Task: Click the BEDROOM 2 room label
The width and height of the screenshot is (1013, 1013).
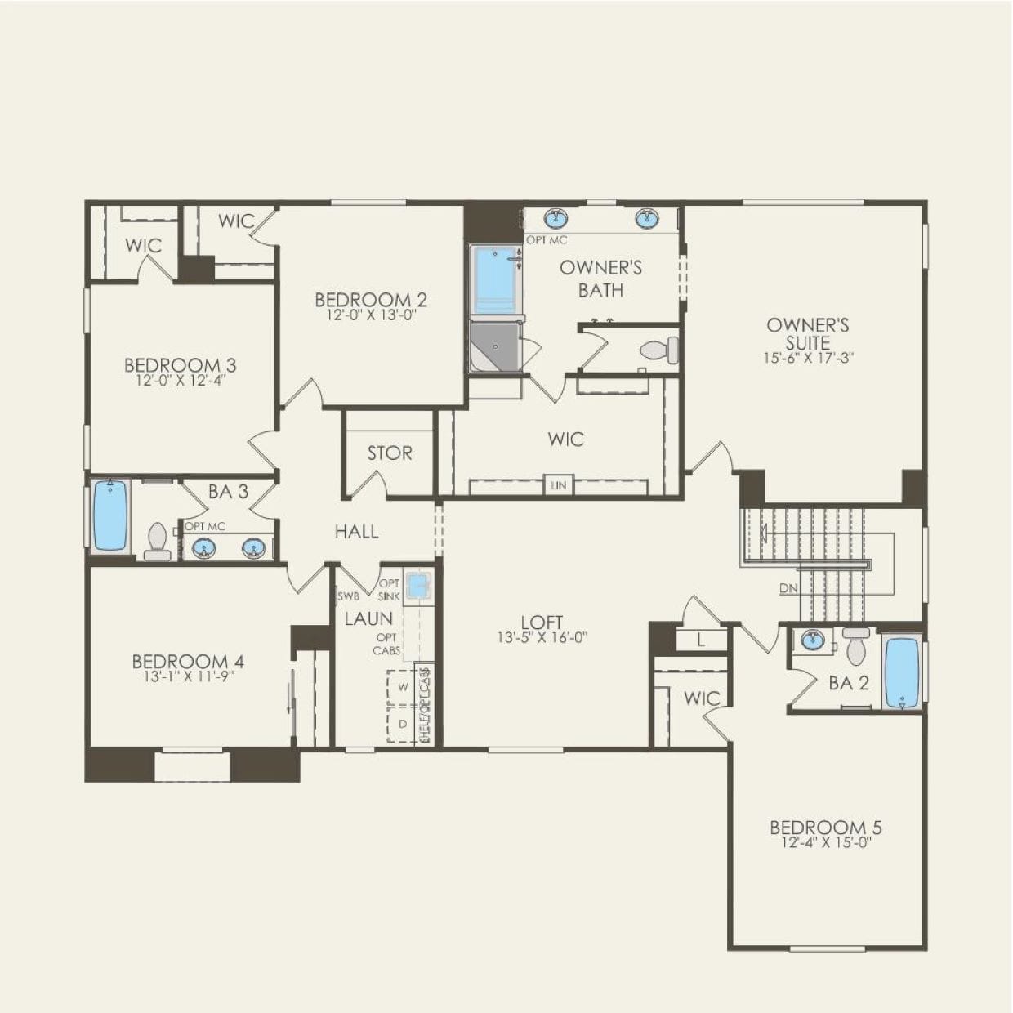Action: pos(371,300)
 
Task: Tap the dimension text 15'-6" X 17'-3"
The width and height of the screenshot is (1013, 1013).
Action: pos(808,358)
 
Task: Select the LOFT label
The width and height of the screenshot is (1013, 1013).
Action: pos(542,623)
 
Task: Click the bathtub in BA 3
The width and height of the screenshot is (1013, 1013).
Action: pos(109,515)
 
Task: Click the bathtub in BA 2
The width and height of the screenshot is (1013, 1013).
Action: pos(902,672)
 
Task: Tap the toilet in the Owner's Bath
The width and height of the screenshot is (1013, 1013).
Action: pos(659,350)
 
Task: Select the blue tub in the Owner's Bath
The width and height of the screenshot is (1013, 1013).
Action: pos(494,278)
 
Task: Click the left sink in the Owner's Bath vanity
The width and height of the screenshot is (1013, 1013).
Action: pos(558,218)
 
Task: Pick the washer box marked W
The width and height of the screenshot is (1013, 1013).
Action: pos(403,687)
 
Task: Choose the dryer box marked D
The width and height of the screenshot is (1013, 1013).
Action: pos(403,724)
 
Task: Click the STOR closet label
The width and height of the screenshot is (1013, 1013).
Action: pos(389,453)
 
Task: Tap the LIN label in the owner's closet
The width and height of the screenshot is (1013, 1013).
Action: pos(559,485)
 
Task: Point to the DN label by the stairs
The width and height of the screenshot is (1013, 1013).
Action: pos(788,588)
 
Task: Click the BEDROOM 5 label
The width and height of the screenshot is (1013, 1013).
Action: pos(826,828)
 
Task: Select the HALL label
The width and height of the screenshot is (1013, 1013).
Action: pos(356,532)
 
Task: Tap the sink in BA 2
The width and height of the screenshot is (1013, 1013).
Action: pos(812,640)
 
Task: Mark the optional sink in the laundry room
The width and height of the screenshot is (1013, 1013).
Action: pos(418,586)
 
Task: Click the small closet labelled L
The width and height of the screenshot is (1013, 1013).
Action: pos(702,641)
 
